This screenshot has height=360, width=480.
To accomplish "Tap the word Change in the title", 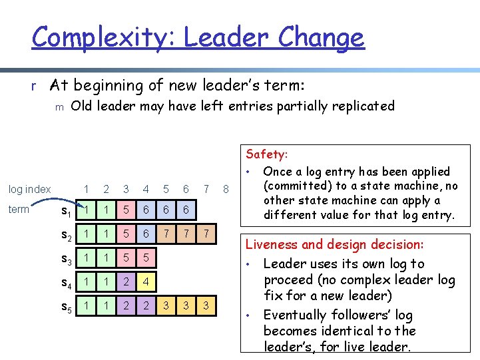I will click(322, 37).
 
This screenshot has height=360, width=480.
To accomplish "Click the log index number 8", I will click(226, 190).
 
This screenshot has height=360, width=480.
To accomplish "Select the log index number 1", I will click(86, 190).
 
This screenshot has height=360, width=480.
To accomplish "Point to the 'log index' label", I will click(29, 190).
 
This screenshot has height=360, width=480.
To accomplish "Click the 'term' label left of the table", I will click(19, 210).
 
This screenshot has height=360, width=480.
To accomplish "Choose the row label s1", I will click(67, 212).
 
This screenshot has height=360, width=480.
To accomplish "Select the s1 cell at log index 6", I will click(186, 211).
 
